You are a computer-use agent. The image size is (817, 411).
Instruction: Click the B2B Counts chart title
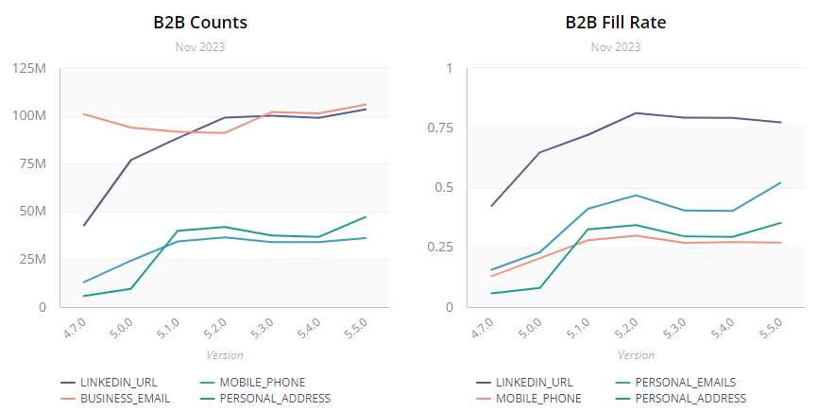200,22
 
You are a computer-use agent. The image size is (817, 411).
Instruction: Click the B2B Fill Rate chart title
615,22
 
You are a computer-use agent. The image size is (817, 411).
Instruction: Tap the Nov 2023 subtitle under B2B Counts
200,46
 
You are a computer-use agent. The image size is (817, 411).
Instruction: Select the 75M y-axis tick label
32,164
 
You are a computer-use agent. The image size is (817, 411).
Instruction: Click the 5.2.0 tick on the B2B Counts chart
214,329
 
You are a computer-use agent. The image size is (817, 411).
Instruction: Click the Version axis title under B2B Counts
225,355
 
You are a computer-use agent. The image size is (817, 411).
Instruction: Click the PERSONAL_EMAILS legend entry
685,383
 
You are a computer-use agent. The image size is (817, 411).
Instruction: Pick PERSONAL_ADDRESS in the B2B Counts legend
275,399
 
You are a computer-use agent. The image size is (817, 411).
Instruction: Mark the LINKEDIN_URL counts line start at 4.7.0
84,225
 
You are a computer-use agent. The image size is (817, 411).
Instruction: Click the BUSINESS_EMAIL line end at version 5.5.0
366,104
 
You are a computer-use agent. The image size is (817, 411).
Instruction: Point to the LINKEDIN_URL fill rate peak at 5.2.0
637,113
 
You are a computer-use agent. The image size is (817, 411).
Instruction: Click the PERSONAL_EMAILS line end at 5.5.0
781,182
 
